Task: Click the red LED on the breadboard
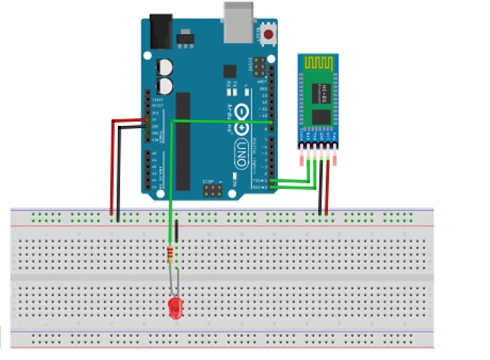tap(174, 307)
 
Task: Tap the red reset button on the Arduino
tap(269, 34)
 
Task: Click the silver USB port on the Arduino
tap(240, 24)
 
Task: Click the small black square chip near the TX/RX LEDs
tap(229, 71)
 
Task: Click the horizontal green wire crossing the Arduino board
tap(217, 122)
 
